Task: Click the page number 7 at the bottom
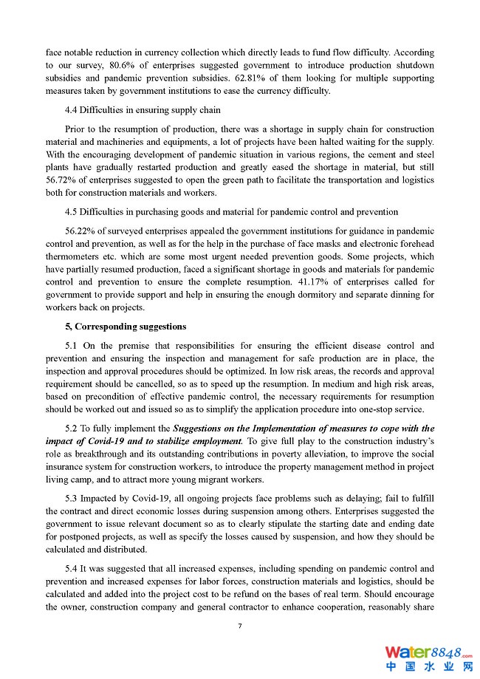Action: tap(240, 626)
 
